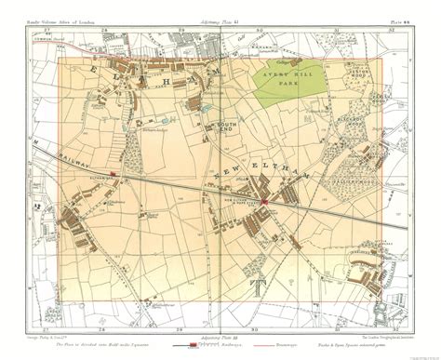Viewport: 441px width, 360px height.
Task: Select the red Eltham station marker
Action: click(113, 174)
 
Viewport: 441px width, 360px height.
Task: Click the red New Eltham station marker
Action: click(264, 201)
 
